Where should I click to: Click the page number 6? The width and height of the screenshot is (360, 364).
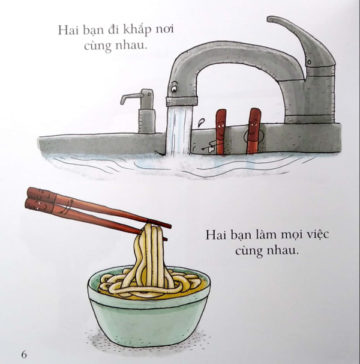point(24,353)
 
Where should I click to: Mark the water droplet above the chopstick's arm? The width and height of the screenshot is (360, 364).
point(200,123)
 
